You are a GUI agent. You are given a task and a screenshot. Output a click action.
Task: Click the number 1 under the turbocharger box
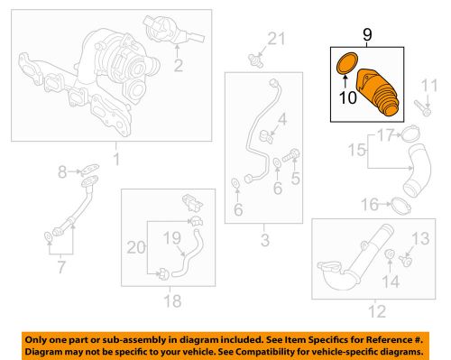coord(115,161)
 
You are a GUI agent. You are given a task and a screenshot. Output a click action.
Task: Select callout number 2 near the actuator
coord(179,64)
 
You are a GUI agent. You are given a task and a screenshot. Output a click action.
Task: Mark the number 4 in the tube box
coord(281,118)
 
